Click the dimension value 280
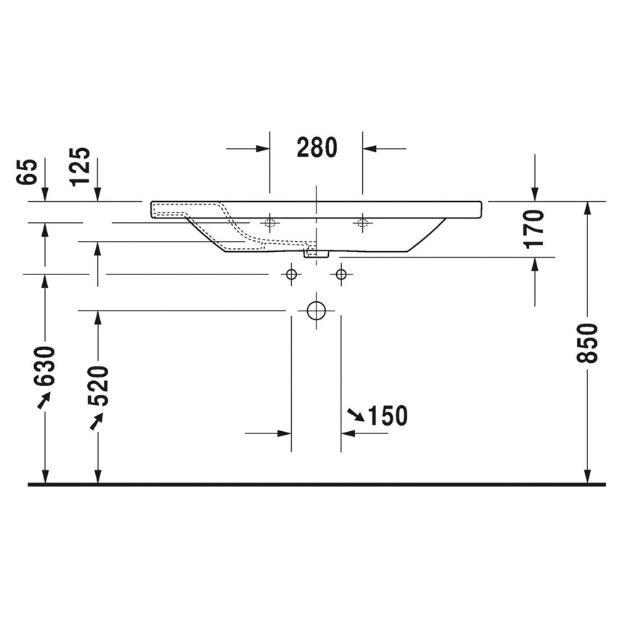(317, 147)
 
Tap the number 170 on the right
(535, 229)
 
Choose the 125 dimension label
(81, 166)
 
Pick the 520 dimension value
(98, 385)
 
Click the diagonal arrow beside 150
(356, 415)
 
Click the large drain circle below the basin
(316, 311)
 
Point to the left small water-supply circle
(292, 274)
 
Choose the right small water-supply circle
(340, 274)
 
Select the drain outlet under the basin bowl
(316, 253)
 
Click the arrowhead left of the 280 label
(262, 149)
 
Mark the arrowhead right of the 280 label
(370, 149)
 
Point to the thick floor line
(316, 483)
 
